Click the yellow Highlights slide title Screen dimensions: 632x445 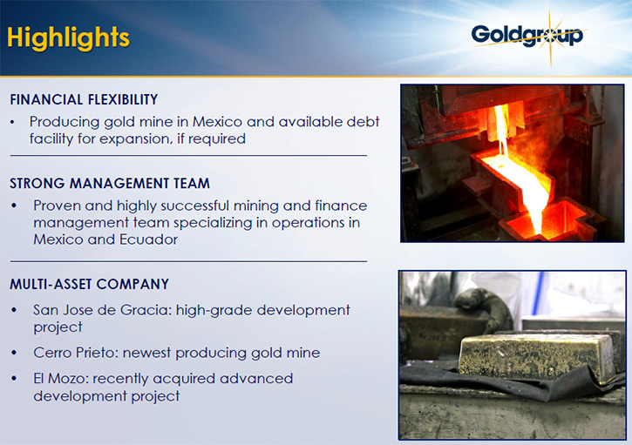68,38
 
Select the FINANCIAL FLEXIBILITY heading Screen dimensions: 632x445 84,99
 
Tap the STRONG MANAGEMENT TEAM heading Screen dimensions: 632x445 110,183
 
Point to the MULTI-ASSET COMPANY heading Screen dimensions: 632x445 89,284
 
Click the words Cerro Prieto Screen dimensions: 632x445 75,353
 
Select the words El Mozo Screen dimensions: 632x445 60,379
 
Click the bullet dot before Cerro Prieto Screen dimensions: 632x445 15,353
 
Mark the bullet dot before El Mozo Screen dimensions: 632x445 15,379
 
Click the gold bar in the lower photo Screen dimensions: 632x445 537,356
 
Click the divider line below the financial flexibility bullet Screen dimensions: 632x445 188,156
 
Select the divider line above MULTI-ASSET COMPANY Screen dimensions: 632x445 188,261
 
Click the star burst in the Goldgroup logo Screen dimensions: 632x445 551,37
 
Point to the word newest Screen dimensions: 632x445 147,353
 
